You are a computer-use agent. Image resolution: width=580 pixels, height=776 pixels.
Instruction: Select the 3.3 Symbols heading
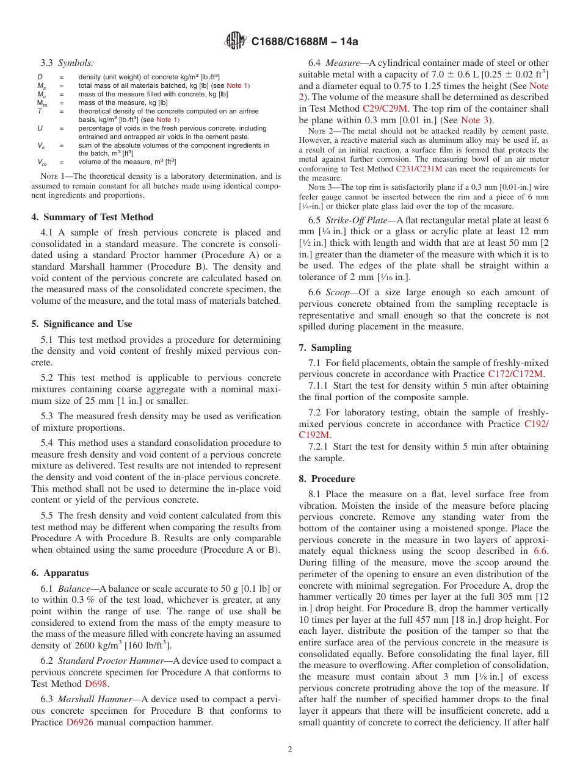[67, 63]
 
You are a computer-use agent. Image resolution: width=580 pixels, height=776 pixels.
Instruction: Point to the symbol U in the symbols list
[40, 129]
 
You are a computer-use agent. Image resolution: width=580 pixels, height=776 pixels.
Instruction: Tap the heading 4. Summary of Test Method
[92, 217]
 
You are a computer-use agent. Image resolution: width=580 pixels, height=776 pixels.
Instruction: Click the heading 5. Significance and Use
[82, 324]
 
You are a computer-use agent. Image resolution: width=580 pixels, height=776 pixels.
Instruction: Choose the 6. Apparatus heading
[60, 573]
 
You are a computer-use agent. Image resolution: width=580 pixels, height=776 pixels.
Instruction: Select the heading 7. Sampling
[325, 348]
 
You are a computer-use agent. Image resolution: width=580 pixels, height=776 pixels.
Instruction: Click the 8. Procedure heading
[327, 479]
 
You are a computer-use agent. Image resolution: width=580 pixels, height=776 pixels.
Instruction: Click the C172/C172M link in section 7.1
[515, 374]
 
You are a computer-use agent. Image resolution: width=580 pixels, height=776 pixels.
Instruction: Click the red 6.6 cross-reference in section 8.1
[541, 551]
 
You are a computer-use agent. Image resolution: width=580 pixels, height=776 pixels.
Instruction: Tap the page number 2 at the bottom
[290, 749]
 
